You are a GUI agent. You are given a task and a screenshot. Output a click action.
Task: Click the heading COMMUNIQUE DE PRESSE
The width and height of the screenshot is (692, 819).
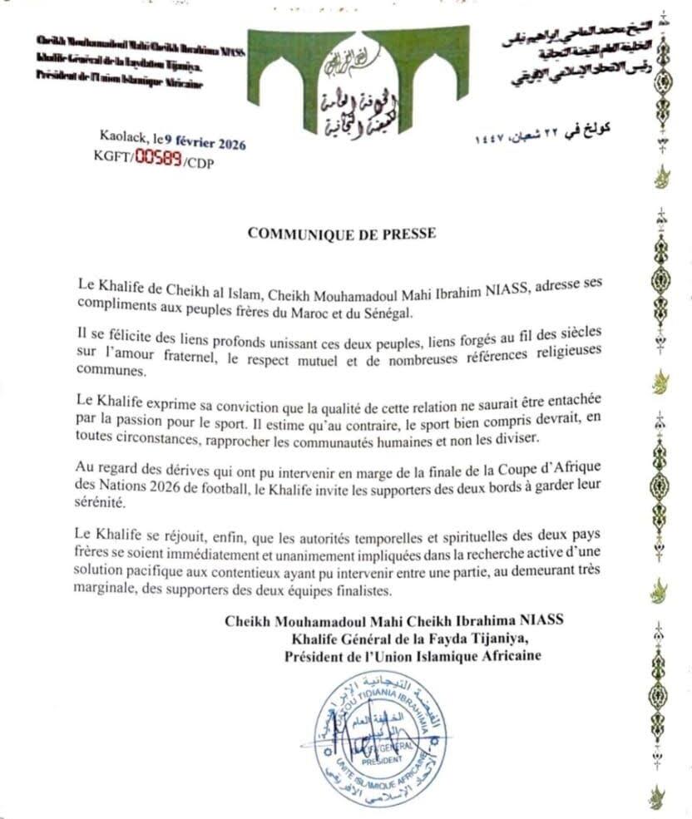tap(341, 234)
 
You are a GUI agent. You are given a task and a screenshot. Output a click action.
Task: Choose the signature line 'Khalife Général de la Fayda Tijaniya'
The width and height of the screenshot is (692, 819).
tap(416, 638)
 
